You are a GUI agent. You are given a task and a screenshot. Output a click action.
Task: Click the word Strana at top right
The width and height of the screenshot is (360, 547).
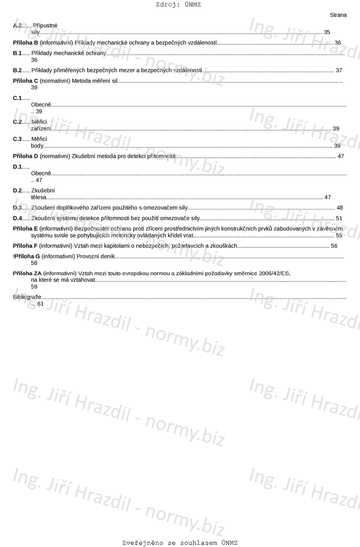[338, 15]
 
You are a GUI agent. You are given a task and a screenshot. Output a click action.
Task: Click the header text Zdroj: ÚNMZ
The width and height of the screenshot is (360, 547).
[178, 5]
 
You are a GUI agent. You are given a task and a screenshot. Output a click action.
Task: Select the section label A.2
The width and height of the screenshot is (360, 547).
[17, 25]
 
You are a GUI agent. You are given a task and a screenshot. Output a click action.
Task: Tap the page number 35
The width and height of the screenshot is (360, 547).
[327, 32]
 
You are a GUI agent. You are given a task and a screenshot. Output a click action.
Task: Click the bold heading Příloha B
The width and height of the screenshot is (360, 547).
[26, 43]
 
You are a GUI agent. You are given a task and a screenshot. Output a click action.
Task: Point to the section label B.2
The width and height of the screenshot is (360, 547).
[17, 70]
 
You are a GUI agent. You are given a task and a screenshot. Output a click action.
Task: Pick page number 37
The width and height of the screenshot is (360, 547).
[339, 70]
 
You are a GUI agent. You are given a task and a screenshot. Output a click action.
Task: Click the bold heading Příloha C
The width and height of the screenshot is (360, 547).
[26, 81]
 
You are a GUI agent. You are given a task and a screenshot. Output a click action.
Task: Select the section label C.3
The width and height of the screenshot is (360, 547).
[17, 139]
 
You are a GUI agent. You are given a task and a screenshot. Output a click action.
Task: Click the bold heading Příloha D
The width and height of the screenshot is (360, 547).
[26, 156]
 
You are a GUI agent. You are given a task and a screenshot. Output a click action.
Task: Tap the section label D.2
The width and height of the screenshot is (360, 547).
[17, 191]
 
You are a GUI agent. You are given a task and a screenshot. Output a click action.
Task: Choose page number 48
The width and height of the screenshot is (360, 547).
[340, 208]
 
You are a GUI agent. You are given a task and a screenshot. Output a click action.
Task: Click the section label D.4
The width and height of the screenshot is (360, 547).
[17, 218]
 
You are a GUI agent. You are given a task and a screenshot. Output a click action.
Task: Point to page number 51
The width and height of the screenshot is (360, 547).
[339, 218]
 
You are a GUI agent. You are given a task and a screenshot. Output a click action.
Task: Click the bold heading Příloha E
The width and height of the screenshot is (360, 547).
[26, 228]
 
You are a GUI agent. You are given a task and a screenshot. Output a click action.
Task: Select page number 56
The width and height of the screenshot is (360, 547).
[334, 246]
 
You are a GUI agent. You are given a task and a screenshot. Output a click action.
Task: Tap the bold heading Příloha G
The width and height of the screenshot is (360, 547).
[27, 256]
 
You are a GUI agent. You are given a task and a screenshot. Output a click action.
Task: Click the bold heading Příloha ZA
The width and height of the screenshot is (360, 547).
[28, 273]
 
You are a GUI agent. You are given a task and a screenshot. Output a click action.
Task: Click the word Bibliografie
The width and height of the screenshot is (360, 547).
[27, 297]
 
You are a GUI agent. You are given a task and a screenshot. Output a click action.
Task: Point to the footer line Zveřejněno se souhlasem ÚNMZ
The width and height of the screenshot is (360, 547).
[180, 543]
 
